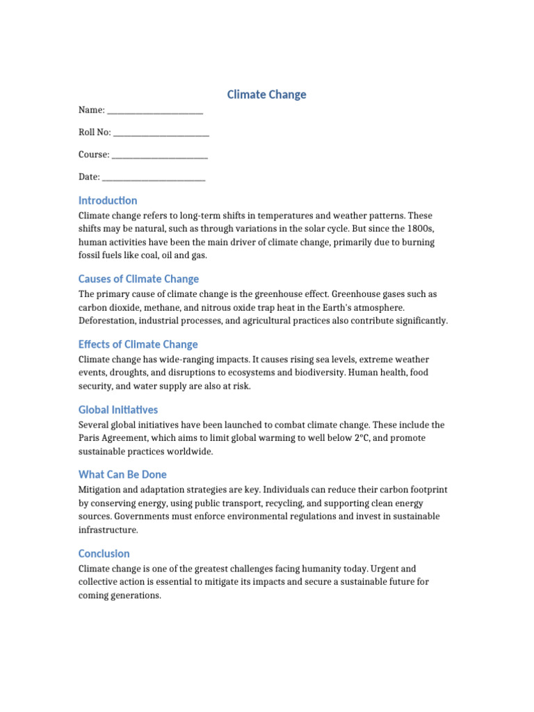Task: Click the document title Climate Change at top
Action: (x=267, y=95)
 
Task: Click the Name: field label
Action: (x=92, y=110)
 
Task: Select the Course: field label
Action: (x=94, y=154)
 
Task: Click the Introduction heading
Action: (x=108, y=200)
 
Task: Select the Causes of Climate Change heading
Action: (x=138, y=279)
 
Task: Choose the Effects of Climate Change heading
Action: (x=138, y=344)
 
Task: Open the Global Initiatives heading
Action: (x=118, y=410)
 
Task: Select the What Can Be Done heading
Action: (x=122, y=474)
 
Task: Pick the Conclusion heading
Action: (x=104, y=553)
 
